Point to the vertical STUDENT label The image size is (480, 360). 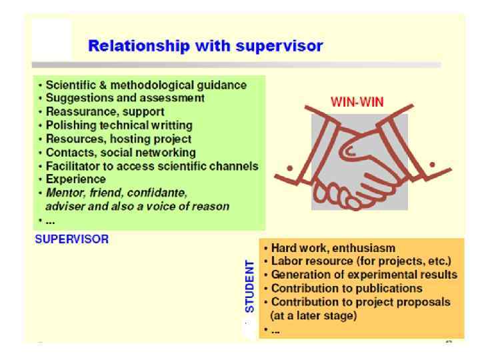250,287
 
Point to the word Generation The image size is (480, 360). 297,275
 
